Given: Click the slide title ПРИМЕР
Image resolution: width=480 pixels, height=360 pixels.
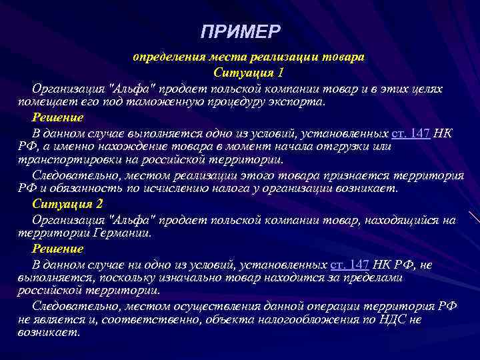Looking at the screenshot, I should click(x=241, y=32).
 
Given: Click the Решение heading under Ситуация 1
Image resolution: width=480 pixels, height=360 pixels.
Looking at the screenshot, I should click(x=58, y=117).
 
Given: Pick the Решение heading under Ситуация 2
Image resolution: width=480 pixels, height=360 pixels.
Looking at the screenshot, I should click(x=58, y=249).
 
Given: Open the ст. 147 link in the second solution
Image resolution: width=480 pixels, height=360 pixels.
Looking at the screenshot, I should click(x=351, y=263).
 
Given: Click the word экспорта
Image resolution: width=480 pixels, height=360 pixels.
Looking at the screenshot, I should click(x=297, y=103).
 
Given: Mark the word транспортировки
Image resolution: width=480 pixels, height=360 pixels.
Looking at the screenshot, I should click(x=64, y=161).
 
